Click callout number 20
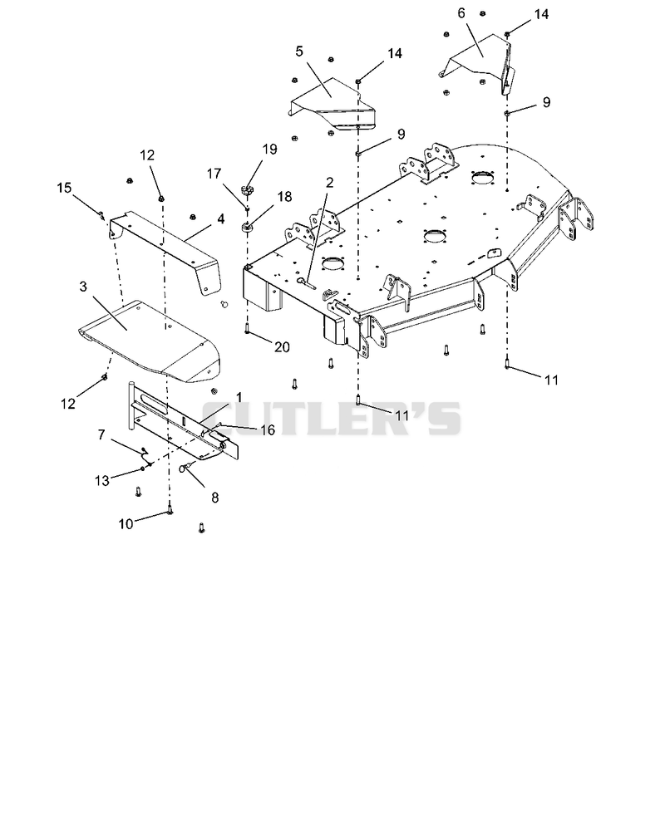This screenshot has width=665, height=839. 282,347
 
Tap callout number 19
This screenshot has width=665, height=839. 269,150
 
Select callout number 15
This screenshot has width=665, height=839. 64,188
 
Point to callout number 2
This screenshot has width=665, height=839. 329,183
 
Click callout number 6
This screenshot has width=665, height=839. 461,13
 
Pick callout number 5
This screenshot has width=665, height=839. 298,51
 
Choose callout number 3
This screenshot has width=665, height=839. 83,287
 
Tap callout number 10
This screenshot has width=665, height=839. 126,524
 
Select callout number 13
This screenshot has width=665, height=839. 101,480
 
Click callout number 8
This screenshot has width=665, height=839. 214,498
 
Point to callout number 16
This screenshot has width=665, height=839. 268,429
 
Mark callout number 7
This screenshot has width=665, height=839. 101,435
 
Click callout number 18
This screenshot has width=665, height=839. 284,197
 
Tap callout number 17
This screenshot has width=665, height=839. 214,174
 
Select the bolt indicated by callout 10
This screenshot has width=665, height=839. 170,510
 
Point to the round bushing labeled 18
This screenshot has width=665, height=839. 248,227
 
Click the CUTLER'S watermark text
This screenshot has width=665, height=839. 331,419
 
